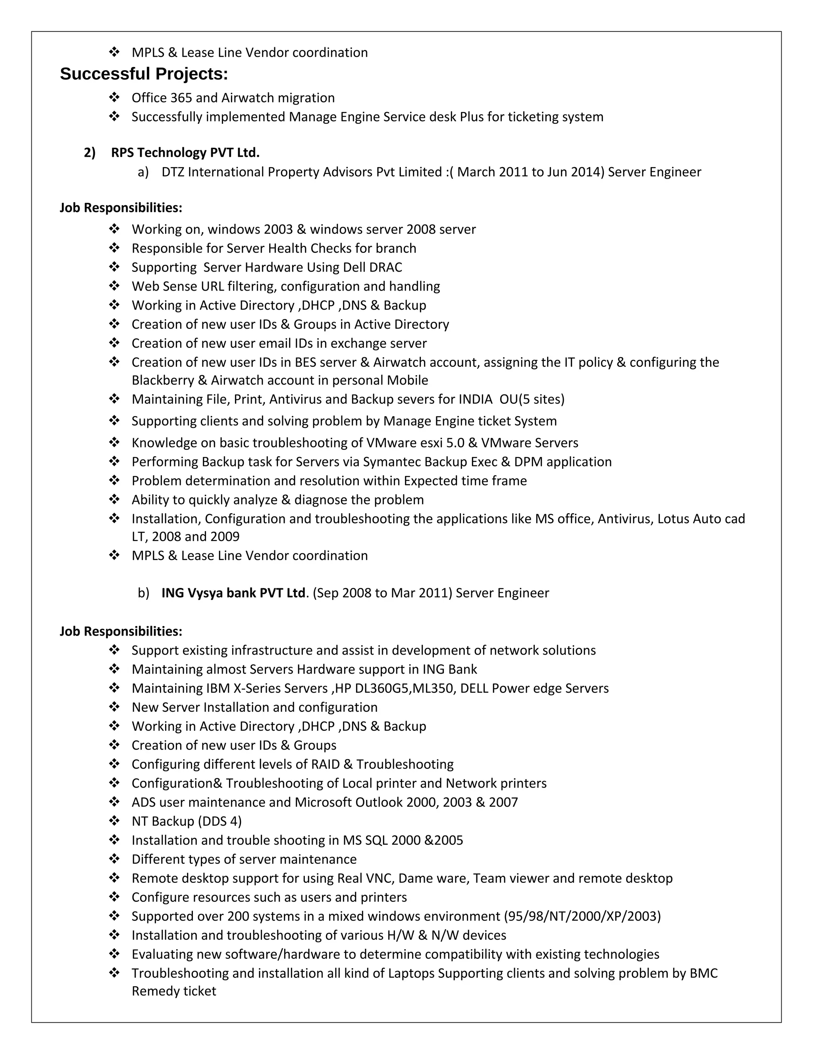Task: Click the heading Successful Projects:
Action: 144,74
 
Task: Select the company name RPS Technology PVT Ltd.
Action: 185,153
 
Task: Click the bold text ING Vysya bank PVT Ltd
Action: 233,593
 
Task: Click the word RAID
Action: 325,765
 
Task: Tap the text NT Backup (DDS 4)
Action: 187,821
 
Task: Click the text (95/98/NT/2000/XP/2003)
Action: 582,916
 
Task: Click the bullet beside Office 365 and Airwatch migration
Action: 114,98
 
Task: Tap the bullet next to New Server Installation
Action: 114,707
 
